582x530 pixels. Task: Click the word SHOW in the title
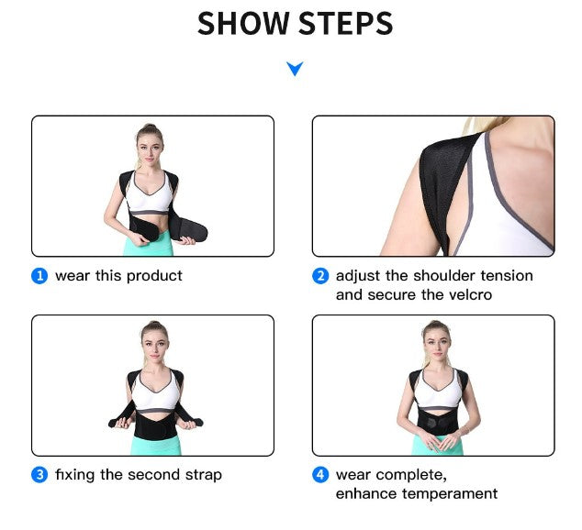pyautogui.click(x=242, y=25)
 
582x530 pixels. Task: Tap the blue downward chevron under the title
pyautogui.click(x=294, y=69)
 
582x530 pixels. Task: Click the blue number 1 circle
pyautogui.click(x=39, y=276)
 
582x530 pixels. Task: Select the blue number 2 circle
pyautogui.click(x=320, y=276)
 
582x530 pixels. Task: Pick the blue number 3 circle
pyautogui.click(x=39, y=475)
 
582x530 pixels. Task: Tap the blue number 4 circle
pyautogui.click(x=320, y=475)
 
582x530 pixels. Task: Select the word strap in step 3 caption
pyautogui.click(x=201, y=475)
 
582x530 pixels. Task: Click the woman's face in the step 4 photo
pyautogui.click(x=434, y=338)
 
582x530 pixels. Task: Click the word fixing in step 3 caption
pyautogui.click(x=74, y=475)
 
